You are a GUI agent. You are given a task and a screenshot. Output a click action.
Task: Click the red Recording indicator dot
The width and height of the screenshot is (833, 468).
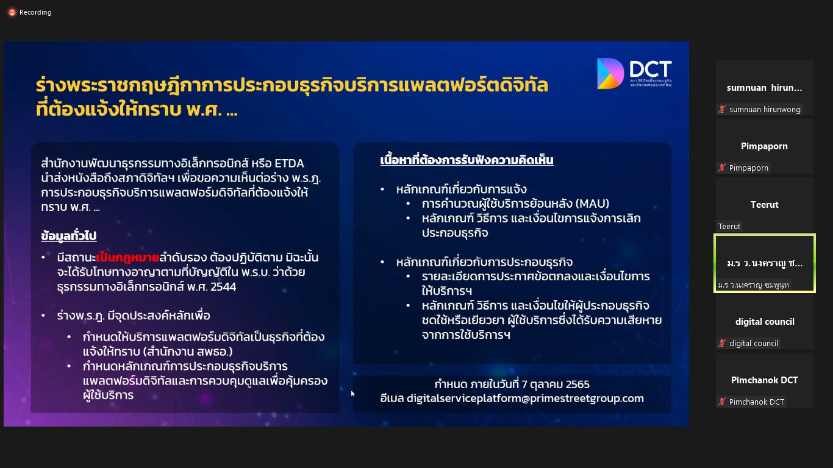[x=12, y=12]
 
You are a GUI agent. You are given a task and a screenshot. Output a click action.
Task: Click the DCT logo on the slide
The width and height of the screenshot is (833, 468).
[x=634, y=73]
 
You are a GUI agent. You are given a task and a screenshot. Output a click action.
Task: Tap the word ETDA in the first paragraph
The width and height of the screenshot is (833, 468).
[x=289, y=163]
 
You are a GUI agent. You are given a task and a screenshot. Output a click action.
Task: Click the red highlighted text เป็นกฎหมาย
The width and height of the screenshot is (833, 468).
[x=127, y=257]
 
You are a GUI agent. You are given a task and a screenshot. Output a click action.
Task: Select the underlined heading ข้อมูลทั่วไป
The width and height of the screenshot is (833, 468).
[x=69, y=236]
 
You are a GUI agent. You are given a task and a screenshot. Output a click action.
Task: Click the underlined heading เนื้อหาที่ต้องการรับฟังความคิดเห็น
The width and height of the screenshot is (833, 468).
[x=467, y=160]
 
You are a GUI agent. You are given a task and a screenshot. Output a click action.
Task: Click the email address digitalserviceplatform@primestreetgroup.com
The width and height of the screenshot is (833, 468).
[x=525, y=399]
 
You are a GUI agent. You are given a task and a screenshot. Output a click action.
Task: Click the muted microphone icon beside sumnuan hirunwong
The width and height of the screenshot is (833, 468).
[x=722, y=109]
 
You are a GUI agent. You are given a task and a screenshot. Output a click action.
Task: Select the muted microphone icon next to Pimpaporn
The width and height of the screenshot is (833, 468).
[x=722, y=168]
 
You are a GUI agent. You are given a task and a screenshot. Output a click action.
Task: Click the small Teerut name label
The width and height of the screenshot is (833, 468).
[x=729, y=226]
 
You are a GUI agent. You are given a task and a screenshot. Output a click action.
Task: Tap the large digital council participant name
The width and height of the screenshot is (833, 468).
[x=765, y=322]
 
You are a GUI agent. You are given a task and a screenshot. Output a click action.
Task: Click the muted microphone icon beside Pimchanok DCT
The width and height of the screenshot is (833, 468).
[x=722, y=402]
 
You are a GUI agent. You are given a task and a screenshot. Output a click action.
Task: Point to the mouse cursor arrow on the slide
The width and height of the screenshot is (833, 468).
[x=352, y=394]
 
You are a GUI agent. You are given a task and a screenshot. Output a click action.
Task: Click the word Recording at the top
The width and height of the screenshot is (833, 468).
[x=35, y=12]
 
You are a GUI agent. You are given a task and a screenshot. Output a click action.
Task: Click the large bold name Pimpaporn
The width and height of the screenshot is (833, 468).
[x=764, y=146]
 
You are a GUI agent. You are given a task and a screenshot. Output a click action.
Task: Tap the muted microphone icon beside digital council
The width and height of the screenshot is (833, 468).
[x=722, y=344]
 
